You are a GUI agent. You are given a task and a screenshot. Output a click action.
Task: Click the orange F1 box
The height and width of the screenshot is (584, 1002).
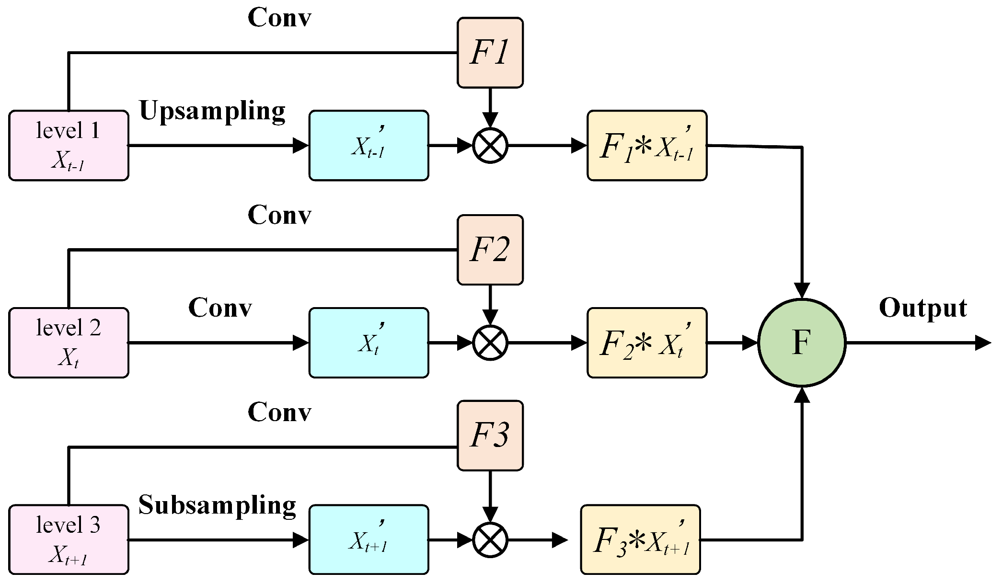[490, 53]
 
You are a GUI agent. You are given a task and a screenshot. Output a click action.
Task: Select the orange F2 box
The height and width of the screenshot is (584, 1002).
[490, 250]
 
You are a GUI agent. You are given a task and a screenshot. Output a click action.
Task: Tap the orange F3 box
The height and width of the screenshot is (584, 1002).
[490, 435]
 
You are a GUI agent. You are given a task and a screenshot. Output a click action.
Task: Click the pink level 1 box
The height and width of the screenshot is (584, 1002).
[69, 146]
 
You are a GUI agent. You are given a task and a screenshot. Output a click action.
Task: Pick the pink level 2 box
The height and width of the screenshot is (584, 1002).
[69, 343]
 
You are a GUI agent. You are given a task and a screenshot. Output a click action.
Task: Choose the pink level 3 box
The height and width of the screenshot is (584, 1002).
[69, 539]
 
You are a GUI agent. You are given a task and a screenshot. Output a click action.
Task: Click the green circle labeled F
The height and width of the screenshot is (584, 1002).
[802, 343]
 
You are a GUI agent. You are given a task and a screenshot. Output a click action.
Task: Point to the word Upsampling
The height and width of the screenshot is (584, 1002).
[212, 111]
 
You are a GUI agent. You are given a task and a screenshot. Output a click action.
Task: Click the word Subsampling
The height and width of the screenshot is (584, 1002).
[217, 505]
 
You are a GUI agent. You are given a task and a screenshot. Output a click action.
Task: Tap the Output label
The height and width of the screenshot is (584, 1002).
[923, 308]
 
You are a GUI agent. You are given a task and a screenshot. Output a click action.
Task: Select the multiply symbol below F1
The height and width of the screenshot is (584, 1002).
[490, 146]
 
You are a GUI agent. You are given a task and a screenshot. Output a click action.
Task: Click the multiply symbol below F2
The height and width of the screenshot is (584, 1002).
[490, 343]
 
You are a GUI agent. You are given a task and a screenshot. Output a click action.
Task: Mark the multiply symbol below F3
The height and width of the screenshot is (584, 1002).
[490, 540]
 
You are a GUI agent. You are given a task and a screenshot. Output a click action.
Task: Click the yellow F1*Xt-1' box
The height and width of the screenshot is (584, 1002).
[647, 146]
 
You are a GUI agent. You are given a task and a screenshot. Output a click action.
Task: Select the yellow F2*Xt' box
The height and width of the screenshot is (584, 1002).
[647, 343]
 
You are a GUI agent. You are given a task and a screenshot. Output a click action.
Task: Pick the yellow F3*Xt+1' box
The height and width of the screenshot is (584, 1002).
[640, 539]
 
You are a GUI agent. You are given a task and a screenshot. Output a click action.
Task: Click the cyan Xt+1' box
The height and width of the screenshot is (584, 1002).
[369, 539]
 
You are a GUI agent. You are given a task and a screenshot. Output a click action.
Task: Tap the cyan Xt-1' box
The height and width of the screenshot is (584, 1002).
[369, 146]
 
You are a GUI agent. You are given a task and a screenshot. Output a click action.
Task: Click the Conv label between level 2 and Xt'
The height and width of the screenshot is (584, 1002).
[220, 308]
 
